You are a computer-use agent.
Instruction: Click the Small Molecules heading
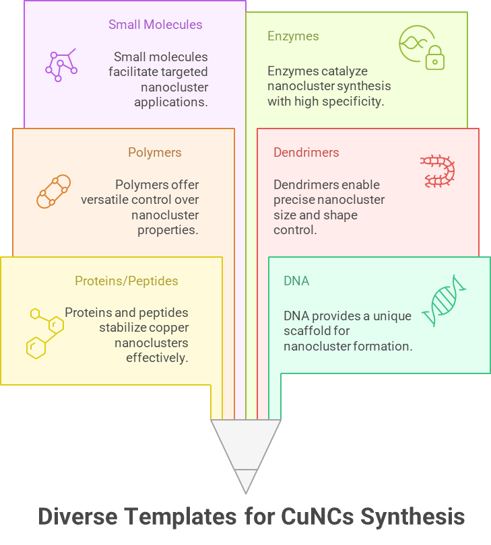156,25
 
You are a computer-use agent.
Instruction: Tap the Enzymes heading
293,36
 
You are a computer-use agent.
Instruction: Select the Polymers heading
155,153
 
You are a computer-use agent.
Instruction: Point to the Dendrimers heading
306,153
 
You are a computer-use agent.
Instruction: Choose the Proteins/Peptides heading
127,281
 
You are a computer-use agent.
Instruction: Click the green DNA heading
296,281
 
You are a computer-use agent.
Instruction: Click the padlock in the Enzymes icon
435,59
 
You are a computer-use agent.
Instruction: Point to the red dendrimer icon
438,171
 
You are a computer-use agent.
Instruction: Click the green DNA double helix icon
445,300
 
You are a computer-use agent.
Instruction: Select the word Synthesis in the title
412,517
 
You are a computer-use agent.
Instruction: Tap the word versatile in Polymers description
106,200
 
